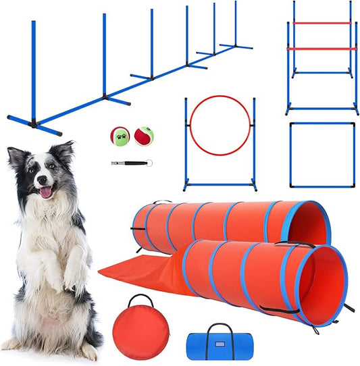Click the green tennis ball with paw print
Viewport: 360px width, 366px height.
pos(120,136)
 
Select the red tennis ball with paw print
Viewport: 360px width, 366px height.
pos(143,136)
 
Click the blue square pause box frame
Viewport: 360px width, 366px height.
pos(322,123)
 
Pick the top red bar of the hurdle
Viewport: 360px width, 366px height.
pos(322,23)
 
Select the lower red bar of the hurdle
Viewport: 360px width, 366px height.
pos(322,49)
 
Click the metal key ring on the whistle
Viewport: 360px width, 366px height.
pos(149,162)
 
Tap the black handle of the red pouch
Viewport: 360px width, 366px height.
pos(139,299)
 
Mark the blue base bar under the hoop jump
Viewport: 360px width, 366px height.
pos(220,181)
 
